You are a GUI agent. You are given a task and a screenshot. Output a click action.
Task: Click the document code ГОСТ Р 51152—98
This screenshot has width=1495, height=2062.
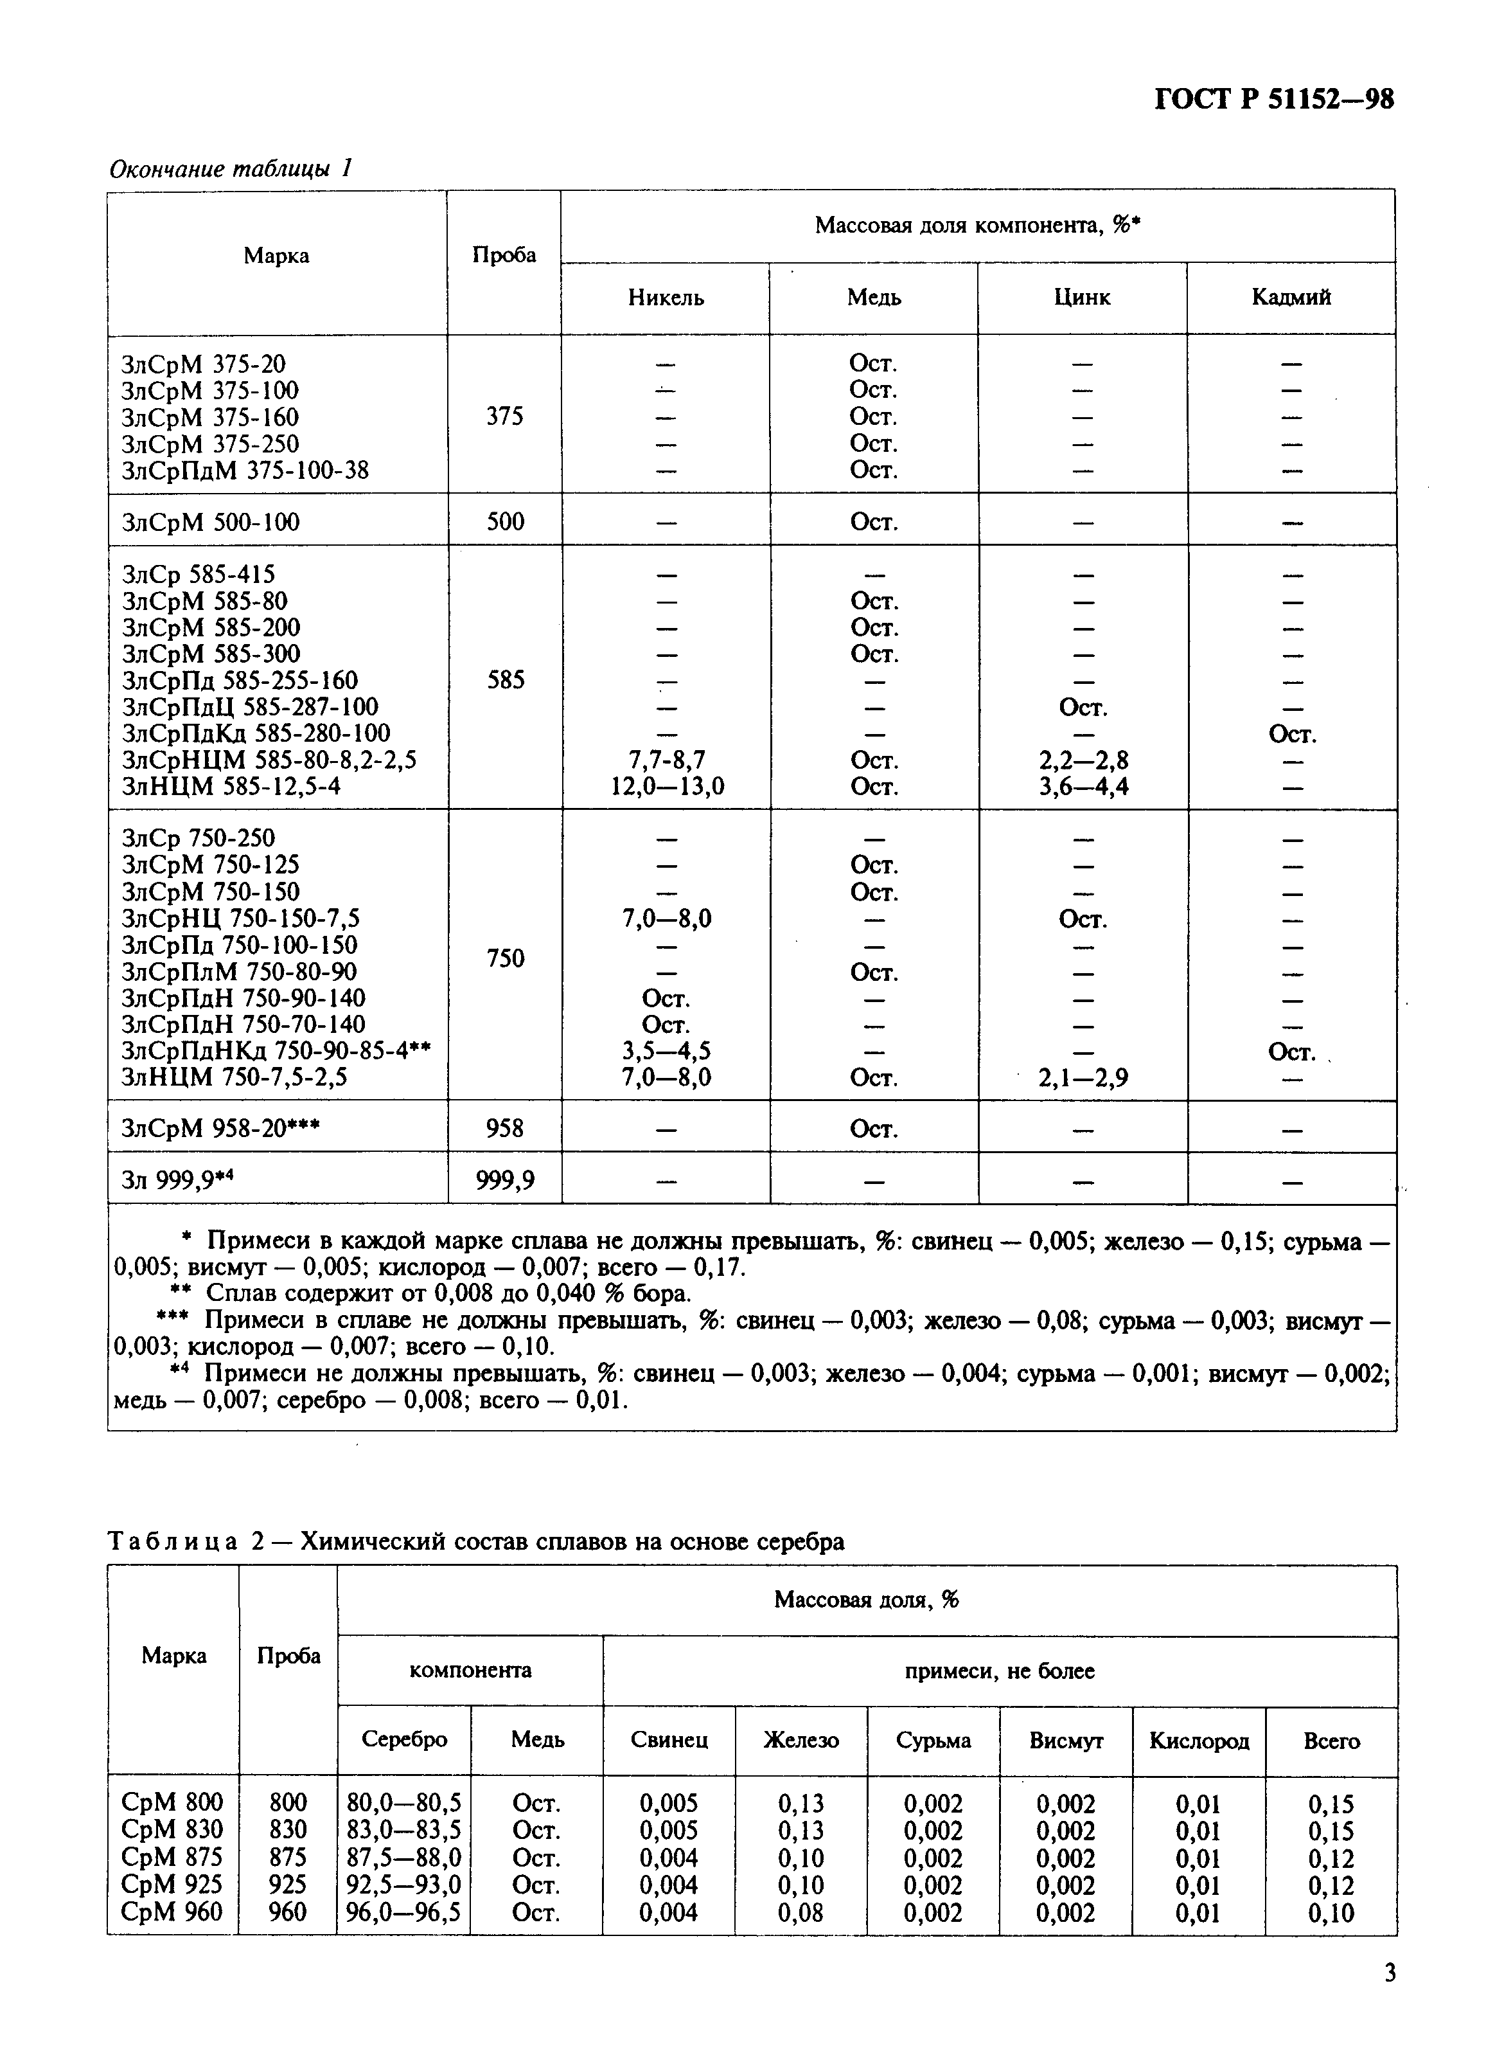1273,98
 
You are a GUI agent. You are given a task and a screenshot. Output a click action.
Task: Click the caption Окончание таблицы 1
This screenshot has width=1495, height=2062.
230,168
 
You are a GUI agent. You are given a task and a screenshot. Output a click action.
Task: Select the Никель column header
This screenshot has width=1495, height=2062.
665,298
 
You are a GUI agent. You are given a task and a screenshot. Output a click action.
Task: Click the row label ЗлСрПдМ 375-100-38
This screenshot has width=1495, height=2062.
245,470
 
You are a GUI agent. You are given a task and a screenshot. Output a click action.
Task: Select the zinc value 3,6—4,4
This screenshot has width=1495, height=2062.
1083,785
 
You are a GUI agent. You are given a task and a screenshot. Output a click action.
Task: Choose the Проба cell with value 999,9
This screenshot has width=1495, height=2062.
506,1180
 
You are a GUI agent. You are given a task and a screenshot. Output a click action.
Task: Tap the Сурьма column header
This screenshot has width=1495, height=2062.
933,1740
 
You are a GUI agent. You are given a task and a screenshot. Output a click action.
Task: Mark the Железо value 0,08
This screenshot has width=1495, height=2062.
801,1912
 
